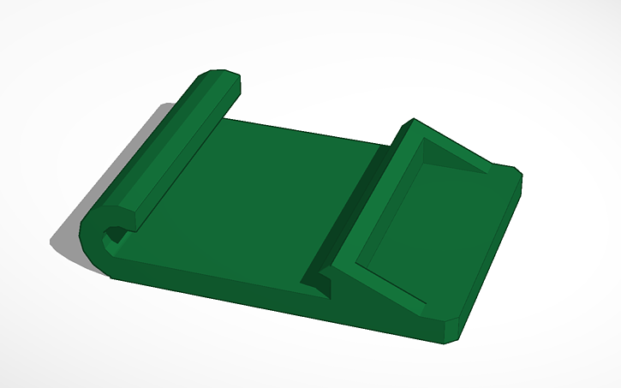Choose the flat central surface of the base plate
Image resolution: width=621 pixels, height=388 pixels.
[x=257, y=197]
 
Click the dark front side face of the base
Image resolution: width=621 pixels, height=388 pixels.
[x=214, y=287]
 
